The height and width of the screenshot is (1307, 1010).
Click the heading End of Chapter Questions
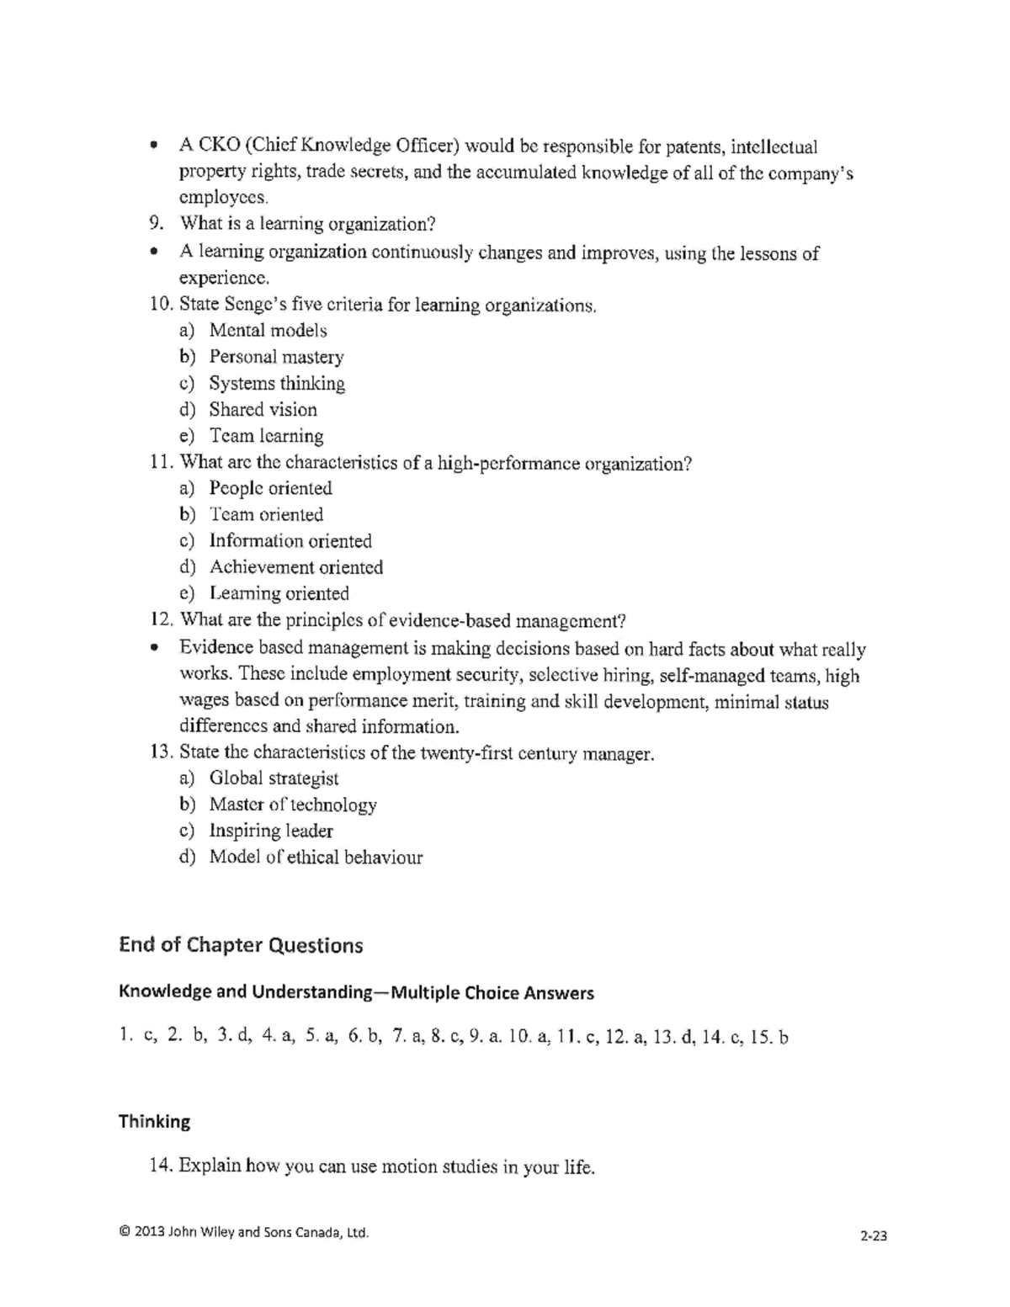241,945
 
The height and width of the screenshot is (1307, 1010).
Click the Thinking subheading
154,1121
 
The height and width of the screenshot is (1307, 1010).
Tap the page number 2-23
874,1235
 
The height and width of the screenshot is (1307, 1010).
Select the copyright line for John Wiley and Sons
244,1232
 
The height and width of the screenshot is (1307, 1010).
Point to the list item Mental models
268,331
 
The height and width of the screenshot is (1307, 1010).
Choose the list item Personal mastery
276,357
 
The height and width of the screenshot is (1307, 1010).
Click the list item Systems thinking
277,383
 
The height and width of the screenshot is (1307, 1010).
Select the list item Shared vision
263,410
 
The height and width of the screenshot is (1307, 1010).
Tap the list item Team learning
266,436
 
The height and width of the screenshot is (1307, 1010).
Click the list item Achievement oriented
295,567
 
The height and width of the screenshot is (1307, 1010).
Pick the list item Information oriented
290,541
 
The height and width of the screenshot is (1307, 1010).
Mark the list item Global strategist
274,778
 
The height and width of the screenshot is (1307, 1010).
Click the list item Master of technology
292,805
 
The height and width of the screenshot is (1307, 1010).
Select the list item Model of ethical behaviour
316,858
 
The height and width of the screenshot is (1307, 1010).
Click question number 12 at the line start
161,620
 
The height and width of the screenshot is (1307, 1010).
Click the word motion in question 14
408,1166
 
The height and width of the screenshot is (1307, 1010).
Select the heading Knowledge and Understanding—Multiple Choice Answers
356,992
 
